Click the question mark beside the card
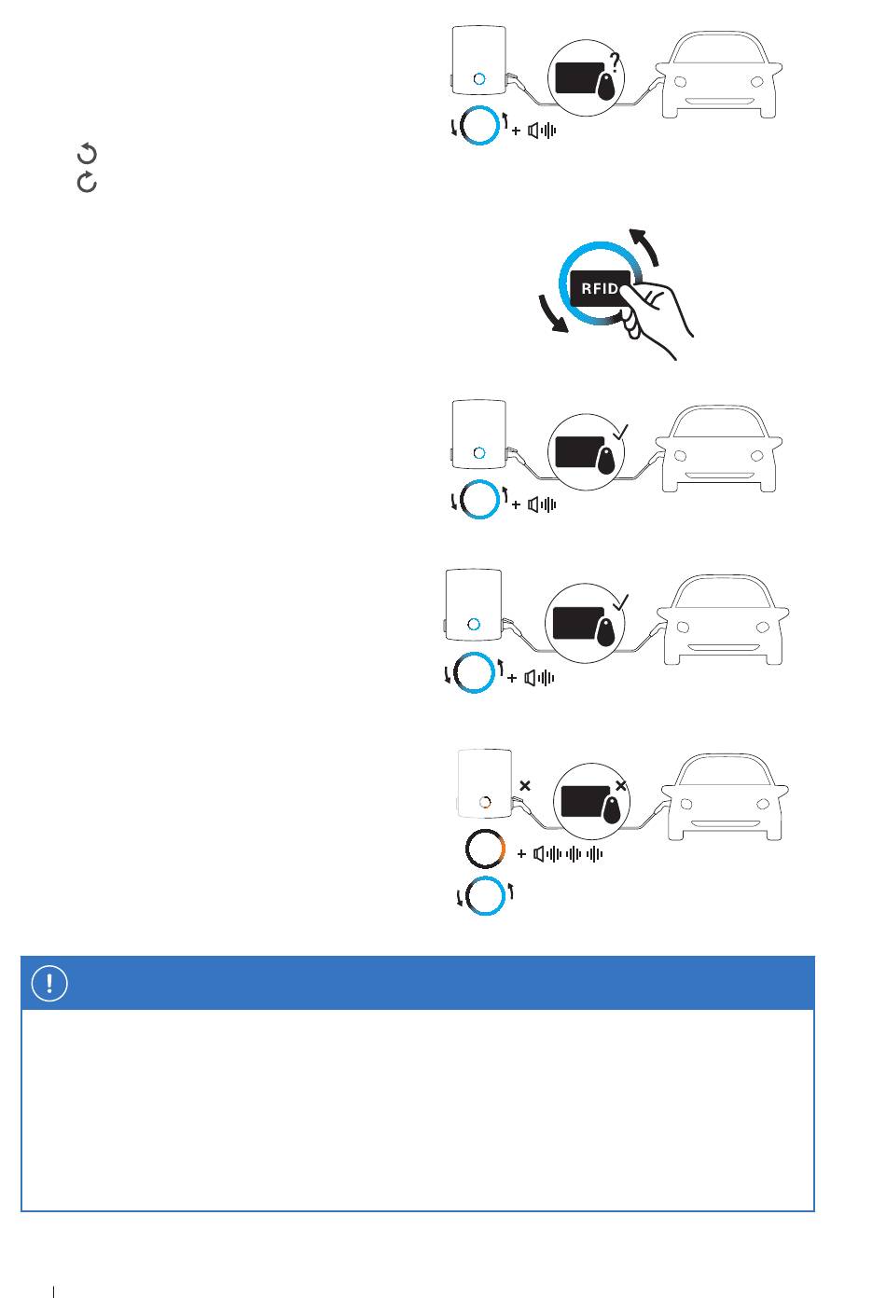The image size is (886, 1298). (615, 62)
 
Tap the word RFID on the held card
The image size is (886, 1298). (599, 288)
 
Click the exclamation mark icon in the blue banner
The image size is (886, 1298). (50, 983)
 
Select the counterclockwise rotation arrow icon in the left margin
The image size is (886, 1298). (87, 154)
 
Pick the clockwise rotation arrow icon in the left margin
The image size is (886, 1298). (87, 183)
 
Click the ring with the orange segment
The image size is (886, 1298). (485, 849)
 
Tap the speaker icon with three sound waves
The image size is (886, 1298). (568, 853)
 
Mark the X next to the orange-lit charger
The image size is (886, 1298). (525, 786)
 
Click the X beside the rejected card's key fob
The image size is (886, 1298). (621, 786)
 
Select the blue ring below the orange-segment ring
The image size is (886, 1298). (485, 896)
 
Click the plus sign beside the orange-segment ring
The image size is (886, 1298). (521, 853)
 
